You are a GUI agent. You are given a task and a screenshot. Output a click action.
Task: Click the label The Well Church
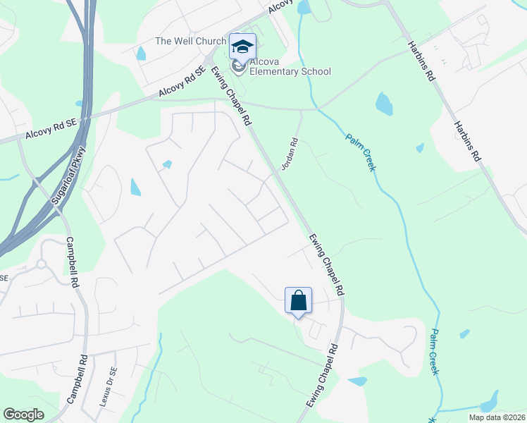(x=190, y=41)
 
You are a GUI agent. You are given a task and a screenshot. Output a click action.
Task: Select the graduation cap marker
(x=242, y=47)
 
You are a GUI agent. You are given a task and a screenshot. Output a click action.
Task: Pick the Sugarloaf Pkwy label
(x=68, y=174)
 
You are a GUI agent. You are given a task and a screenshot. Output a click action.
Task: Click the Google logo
(x=23, y=415)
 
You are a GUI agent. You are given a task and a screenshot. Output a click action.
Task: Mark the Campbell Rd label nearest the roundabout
(x=72, y=262)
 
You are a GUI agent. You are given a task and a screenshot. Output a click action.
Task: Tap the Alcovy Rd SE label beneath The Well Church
(x=182, y=82)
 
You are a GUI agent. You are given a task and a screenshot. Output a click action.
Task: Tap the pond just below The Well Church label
(x=141, y=54)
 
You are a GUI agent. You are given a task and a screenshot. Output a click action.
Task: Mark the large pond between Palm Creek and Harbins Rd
(x=384, y=104)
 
